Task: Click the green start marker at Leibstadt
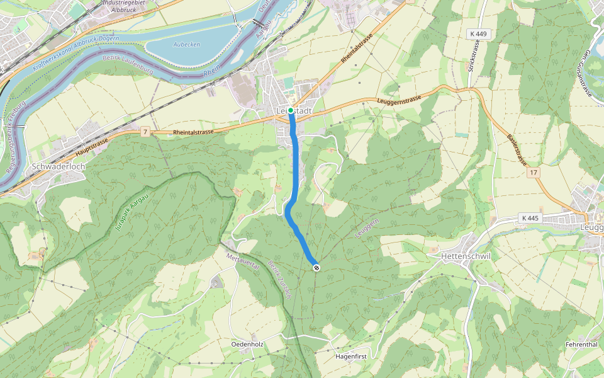(x=291, y=110)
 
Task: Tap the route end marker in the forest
(x=316, y=268)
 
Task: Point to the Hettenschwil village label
(x=466, y=256)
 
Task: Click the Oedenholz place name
(x=247, y=345)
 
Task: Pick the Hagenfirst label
(x=352, y=356)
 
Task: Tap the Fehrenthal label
(x=581, y=345)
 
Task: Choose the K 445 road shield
(x=530, y=218)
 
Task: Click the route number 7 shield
(x=145, y=132)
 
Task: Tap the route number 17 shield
(x=534, y=172)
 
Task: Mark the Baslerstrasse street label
(x=517, y=148)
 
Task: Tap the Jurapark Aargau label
(x=132, y=215)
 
